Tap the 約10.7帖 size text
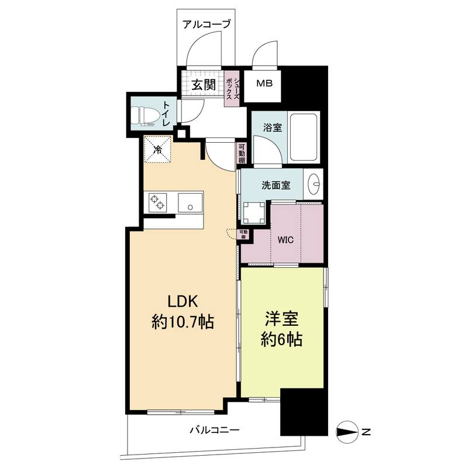tap(183, 321)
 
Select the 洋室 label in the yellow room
tap(282, 319)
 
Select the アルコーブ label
tap(207, 24)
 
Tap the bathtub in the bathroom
tap(304, 138)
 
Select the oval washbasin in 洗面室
tap(314, 184)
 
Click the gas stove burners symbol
tap(157, 202)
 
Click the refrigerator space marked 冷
tap(157, 150)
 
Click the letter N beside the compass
tap(366, 433)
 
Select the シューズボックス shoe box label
tap(232, 88)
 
